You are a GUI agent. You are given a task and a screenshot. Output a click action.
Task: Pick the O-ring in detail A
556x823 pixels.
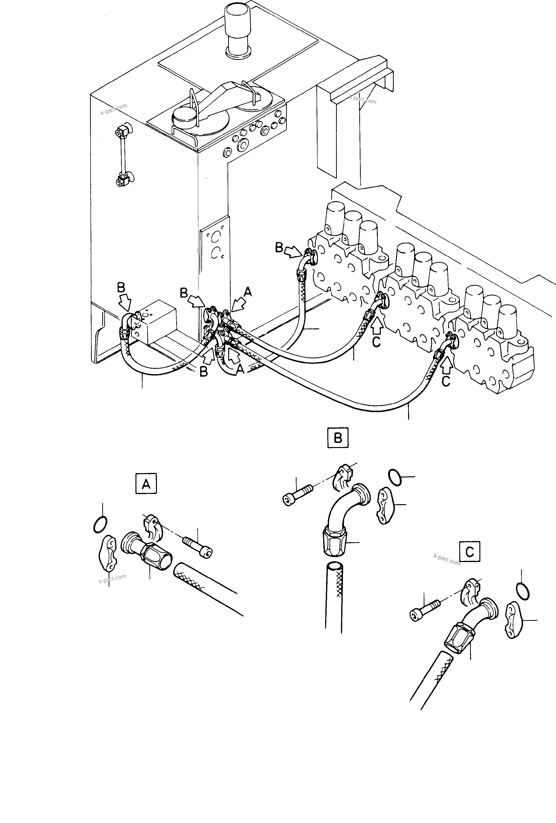[100, 524]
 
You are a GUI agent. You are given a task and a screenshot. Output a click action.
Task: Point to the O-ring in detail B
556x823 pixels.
[395, 478]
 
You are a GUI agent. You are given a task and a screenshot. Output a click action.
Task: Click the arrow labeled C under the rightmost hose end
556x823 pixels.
[447, 365]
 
